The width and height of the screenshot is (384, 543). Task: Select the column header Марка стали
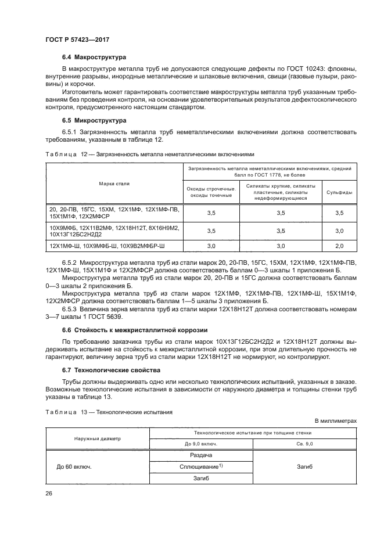(114, 184)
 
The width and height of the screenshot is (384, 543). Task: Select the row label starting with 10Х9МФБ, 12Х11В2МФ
(114, 231)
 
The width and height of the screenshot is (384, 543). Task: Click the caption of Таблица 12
(149, 154)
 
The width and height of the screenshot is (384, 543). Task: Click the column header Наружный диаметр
(97, 438)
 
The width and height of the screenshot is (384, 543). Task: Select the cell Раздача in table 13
(201, 455)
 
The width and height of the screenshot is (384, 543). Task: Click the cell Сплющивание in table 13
(201, 467)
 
